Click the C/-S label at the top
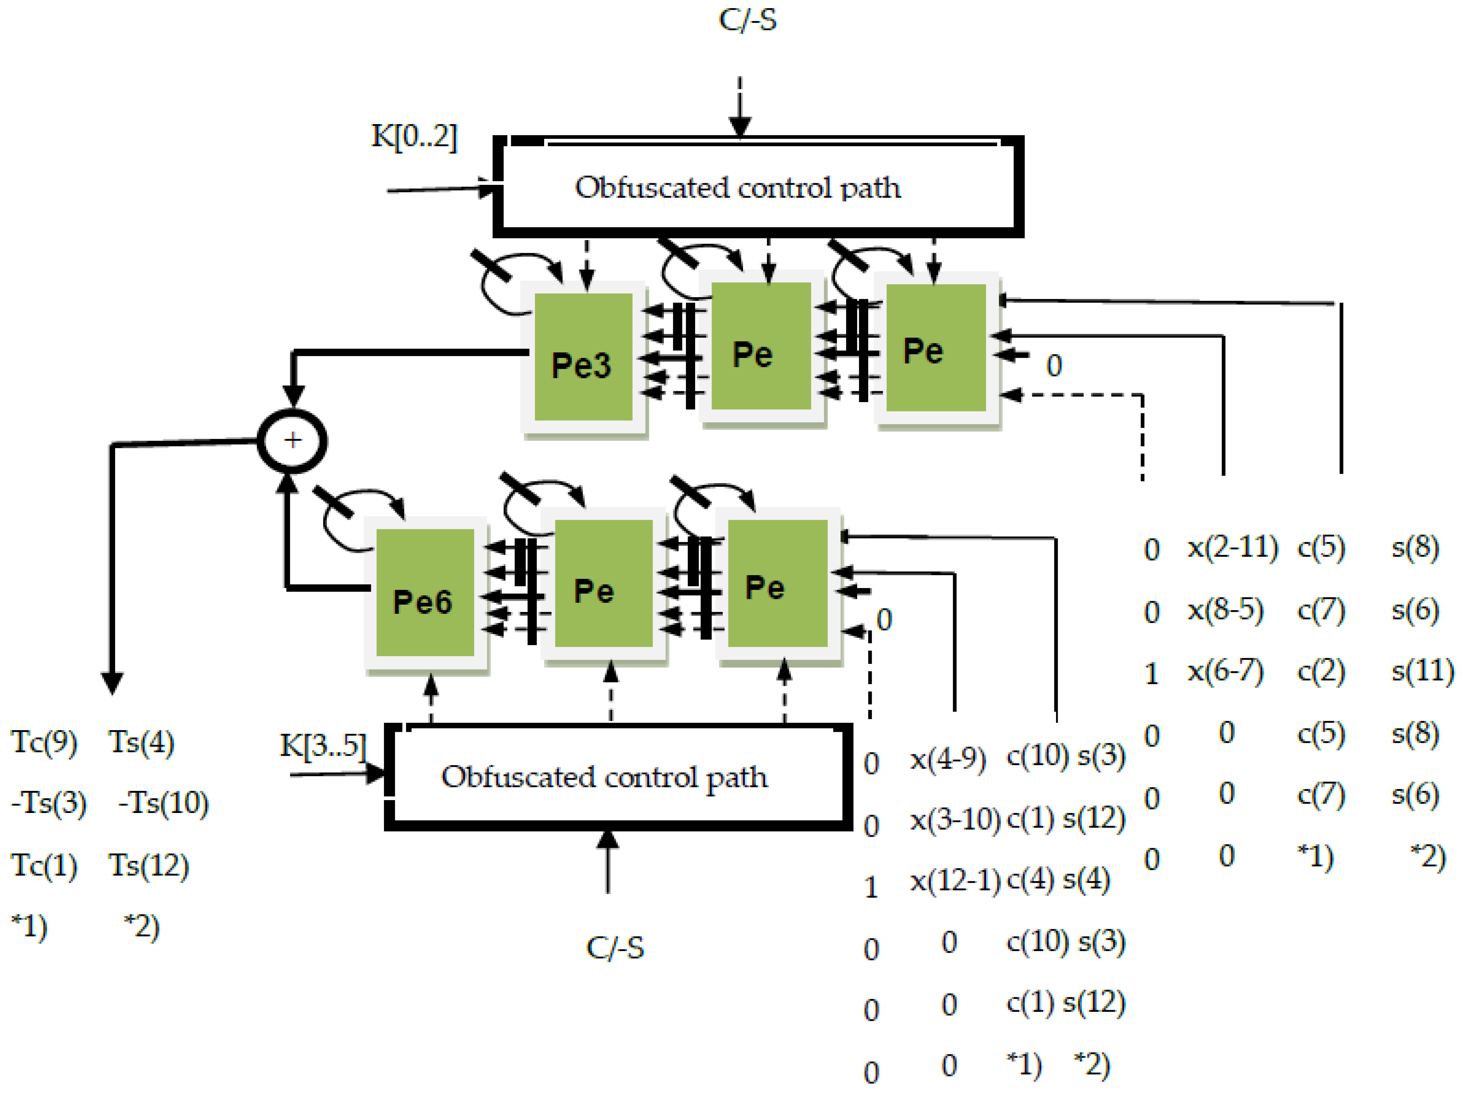pyautogui.click(x=747, y=20)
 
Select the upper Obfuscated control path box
pyautogui.click(x=758, y=188)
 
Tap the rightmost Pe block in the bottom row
pyautogui.click(x=777, y=583)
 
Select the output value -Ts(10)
pyautogui.click(x=163, y=803)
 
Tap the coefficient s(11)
pyautogui.click(x=1422, y=671)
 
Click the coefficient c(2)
pyautogui.click(x=1321, y=671)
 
